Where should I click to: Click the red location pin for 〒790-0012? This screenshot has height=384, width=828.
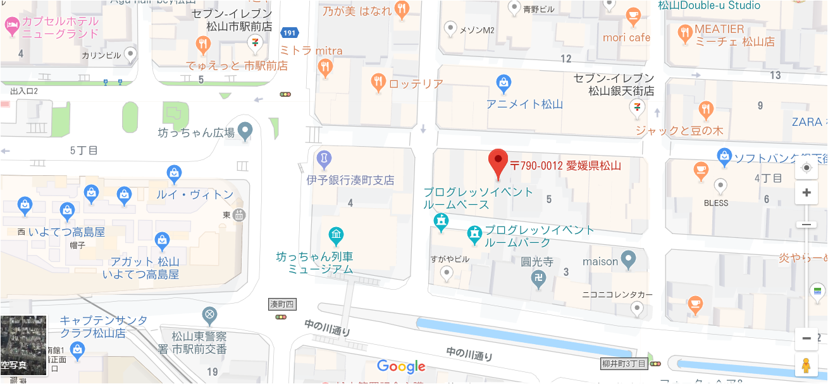coord(499,162)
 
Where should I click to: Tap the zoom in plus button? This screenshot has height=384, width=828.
coord(806,193)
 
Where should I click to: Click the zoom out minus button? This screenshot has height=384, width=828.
coord(806,338)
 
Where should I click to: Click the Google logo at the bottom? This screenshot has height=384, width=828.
coord(401,366)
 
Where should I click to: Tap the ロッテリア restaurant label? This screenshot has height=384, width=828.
coord(416,84)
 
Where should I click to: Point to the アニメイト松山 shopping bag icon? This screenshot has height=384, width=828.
coord(504,82)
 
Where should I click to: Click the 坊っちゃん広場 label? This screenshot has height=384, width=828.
coord(196,133)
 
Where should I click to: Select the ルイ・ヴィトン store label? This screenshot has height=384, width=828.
coord(195,195)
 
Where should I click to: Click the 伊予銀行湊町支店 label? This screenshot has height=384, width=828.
coord(350,180)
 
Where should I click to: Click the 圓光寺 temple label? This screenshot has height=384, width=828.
coord(537,261)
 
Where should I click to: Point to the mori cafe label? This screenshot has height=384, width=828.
coord(626,38)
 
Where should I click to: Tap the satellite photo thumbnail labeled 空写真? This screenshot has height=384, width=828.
coord(23,345)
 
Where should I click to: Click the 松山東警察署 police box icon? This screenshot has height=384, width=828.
coord(209,314)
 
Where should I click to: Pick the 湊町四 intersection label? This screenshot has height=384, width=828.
coord(282,304)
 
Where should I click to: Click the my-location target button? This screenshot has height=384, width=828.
coord(806,168)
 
